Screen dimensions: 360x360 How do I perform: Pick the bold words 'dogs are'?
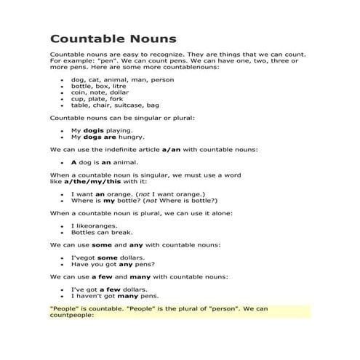95,136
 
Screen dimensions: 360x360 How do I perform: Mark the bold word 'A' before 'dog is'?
73,162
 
